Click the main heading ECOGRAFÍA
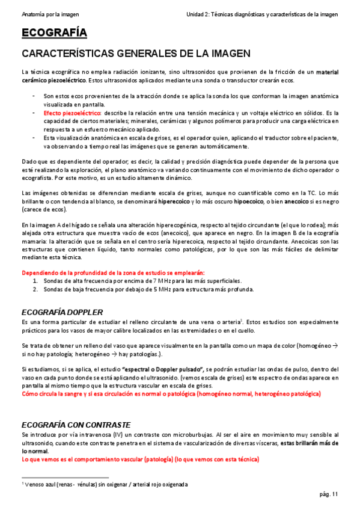point(54,33)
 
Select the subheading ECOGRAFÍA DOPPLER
point(62,312)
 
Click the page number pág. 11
point(329,494)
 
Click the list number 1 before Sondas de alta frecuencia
point(35,281)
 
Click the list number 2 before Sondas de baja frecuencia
point(35,289)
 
